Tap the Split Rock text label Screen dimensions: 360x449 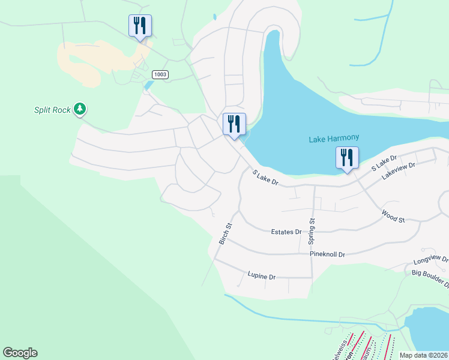tap(52, 110)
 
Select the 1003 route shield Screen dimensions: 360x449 tap(160, 74)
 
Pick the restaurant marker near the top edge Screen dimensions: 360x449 tap(140, 26)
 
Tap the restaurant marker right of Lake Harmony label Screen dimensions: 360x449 tap(347, 158)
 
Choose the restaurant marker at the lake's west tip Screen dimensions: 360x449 tap(234, 125)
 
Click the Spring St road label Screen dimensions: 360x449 tap(312, 231)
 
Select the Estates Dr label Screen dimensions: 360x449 tap(286, 232)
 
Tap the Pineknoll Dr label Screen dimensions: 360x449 tap(327, 254)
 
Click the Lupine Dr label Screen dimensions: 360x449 tap(261, 277)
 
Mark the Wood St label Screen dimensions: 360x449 tap(393, 216)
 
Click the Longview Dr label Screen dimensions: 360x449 tap(431, 261)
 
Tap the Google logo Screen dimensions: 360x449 tap(20, 353)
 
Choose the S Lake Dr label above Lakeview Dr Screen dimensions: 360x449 tap(384, 163)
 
